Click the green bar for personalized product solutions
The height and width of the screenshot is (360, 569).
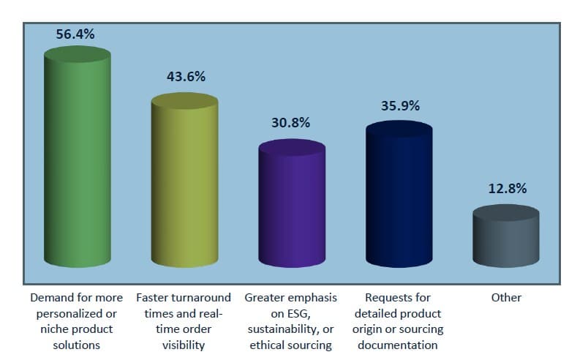click(x=77, y=161)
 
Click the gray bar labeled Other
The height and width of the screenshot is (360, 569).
click(x=506, y=238)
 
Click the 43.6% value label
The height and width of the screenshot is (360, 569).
click(x=186, y=76)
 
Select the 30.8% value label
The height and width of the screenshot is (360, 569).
click(x=290, y=123)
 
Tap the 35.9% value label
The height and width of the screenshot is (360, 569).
click(x=400, y=105)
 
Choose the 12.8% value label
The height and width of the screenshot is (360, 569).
click(x=508, y=188)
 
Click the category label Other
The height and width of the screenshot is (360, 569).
click(x=506, y=298)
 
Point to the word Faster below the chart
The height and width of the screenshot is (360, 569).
click(x=154, y=298)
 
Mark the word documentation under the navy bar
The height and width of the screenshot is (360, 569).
click(x=399, y=345)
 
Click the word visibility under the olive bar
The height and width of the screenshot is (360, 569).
click(x=184, y=345)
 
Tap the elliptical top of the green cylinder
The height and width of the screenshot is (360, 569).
click(x=77, y=55)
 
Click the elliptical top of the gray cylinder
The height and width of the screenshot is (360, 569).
click(x=506, y=213)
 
